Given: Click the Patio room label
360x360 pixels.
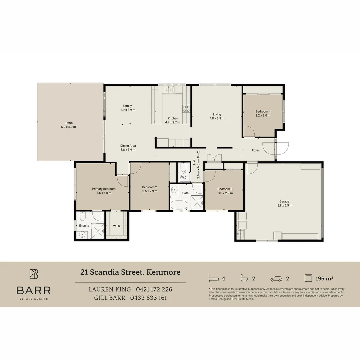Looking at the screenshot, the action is point(69,123).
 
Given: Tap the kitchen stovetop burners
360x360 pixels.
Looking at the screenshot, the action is point(186,109).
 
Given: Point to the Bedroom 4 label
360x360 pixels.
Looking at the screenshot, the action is point(263,111).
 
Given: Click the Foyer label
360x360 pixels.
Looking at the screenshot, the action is point(256,150).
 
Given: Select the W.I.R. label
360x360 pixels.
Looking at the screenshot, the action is point(117,226).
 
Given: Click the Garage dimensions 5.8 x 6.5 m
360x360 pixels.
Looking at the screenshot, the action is point(285,205).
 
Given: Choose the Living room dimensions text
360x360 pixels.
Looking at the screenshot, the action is point(217,118).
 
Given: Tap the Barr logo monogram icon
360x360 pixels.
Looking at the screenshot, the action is point(34,274).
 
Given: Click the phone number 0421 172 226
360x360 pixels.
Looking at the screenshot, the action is point(154,289).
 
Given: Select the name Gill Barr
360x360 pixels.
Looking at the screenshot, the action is point(110,298).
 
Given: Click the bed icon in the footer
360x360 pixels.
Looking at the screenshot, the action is point(214,278).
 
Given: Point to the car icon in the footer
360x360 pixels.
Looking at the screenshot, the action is point(276,279).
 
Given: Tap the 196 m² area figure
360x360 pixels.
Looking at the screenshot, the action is point(324,278).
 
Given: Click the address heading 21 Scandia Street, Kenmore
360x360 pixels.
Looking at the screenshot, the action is point(130,272).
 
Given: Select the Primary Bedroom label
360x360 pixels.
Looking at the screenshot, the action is point(104,189).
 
